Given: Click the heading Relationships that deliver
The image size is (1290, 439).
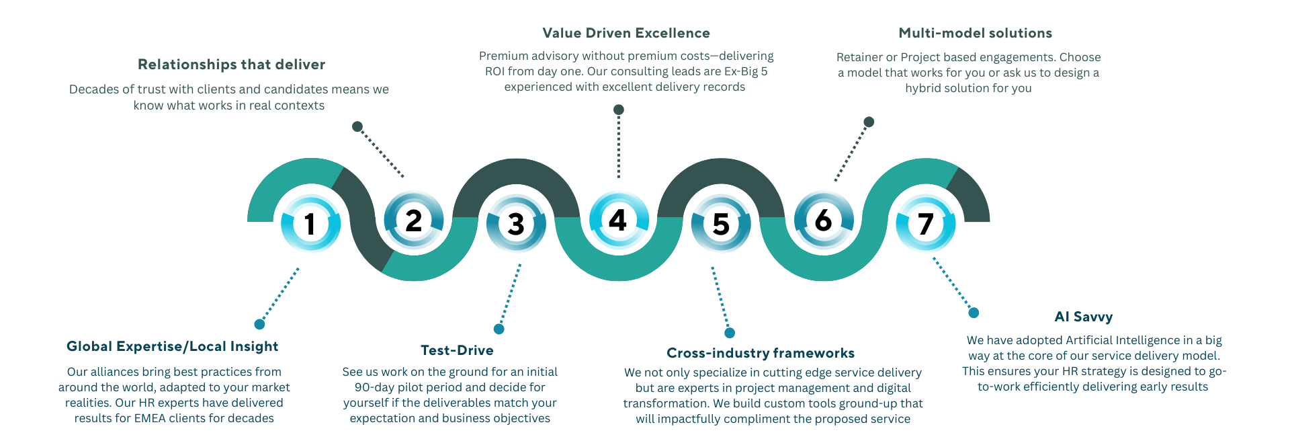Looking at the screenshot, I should pyautogui.click(x=232, y=65).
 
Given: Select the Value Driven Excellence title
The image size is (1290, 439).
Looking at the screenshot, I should pyautogui.click(x=626, y=33).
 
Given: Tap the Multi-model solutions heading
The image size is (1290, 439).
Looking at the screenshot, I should pyautogui.click(x=976, y=33).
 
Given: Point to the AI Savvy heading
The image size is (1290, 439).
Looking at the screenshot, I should pyautogui.click(x=1084, y=317).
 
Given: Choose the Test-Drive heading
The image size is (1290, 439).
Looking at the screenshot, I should pyautogui.click(x=457, y=350).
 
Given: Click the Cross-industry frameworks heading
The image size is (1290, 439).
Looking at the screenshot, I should pyautogui.click(x=761, y=353).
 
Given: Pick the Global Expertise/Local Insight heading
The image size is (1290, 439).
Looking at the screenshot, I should pyautogui.click(x=173, y=346).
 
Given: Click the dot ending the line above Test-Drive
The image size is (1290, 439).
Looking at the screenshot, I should pyautogui.click(x=499, y=329).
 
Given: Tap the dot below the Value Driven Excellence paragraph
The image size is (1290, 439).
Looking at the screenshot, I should pyautogui.click(x=619, y=110).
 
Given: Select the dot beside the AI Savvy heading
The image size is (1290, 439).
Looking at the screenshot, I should pyautogui.click(x=974, y=313).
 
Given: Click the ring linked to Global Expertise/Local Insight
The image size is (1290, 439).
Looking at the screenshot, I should pyautogui.click(x=310, y=224).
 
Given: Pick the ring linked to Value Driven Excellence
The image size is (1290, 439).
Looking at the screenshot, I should pyautogui.click(x=619, y=220).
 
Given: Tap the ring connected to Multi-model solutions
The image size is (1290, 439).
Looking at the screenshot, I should pyautogui.click(x=824, y=220).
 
